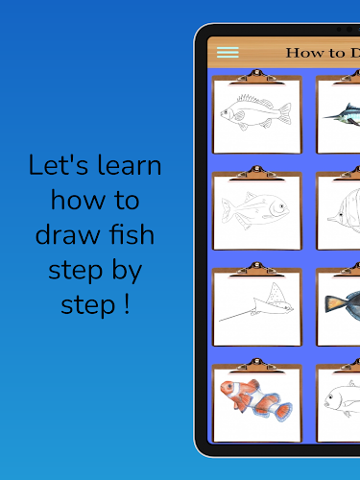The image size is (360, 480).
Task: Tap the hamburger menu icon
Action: pyautogui.click(x=228, y=53)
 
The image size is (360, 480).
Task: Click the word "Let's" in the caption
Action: pyautogui.click(x=59, y=165)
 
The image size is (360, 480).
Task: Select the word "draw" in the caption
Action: pyautogui.click(x=67, y=234)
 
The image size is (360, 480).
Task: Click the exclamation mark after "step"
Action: pyautogui.click(x=127, y=304)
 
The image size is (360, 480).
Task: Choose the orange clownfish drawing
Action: pyautogui.click(x=256, y=400)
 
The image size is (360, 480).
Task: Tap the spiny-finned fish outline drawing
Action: pyautogui.click(x=256, y=112)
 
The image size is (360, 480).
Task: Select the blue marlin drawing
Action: pyautogui.click(x=342, y=114)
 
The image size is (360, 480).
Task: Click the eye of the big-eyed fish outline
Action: pyautogui.click(x=281, y=206)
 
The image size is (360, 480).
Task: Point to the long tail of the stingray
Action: pyautogui.click(x=237, y=316)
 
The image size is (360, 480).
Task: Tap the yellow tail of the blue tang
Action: pyautogui.click(x=333, y=302)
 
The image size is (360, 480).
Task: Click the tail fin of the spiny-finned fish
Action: pyautogui.click(x=285, y=113)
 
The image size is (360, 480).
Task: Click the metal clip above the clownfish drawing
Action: pyautogui.click(x=256, y=366)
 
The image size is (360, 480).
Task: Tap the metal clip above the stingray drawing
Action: pyautogui.click(x=256, y=269)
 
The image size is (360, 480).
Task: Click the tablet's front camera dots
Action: pyautogui.click(x=345, y=29)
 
